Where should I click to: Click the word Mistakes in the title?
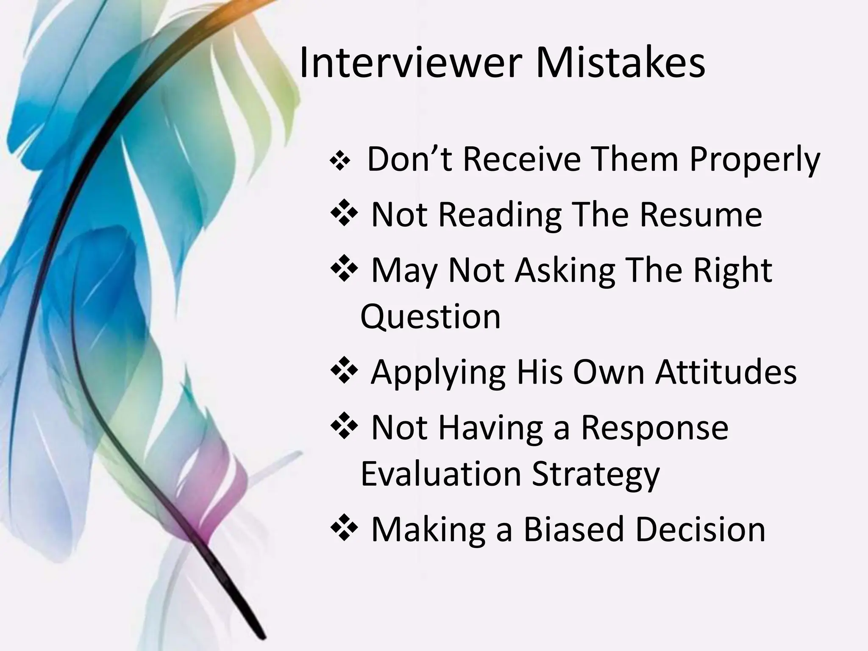[620, 64]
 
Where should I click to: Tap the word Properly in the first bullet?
[755, 160]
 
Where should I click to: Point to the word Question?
[430, 317]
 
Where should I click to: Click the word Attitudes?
[726, 372]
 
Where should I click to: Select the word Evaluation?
[441, 474]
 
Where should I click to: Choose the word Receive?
[522, 159]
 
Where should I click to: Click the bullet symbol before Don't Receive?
[339, 161]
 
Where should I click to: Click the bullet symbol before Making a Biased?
[344, 528]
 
